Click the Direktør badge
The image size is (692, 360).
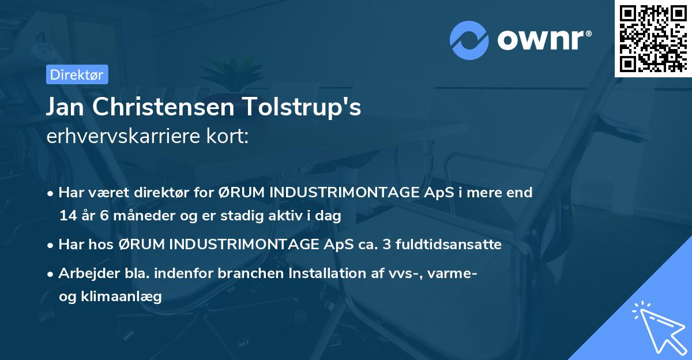click(77, 74)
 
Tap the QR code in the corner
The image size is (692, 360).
click(652, 38)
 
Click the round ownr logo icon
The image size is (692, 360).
click(469, 40)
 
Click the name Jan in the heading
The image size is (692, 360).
click(65, 108)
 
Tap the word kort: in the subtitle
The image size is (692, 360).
click(230, 136)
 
